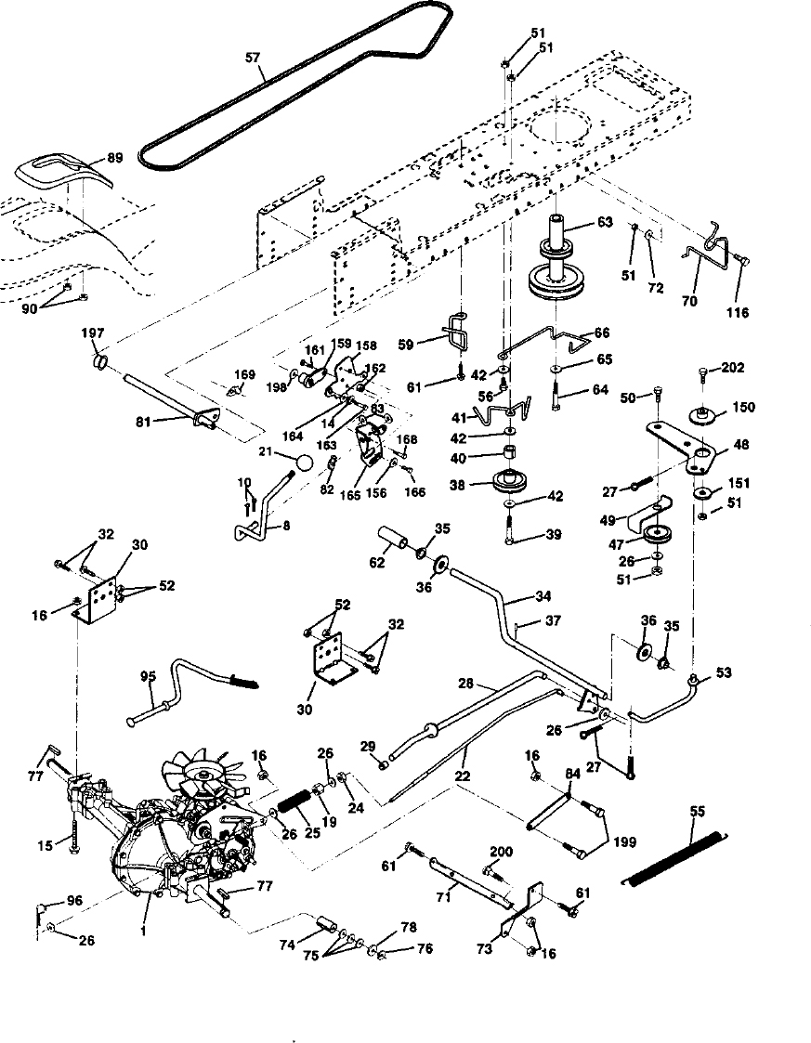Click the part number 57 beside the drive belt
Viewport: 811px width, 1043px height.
[x=252, y=59]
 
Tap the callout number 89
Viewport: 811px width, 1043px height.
[x=114, y=159]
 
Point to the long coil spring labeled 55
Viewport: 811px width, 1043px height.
[x=676, y=857]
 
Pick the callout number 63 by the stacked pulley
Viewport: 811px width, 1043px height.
[x=604, y=221]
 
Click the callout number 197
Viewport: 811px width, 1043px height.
[x=93, y=333]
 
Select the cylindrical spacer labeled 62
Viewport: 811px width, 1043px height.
[x=394, y=537]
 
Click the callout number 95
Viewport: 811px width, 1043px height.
[x=149, y=676]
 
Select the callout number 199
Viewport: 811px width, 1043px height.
[x=625, y=842]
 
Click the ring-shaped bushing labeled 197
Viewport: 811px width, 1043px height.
[x=101, y=361]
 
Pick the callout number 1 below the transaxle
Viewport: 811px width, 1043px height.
[x=142, y=932]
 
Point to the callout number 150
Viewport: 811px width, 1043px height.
[x=743, y=407]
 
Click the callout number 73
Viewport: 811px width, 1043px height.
[x=484, y=948]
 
